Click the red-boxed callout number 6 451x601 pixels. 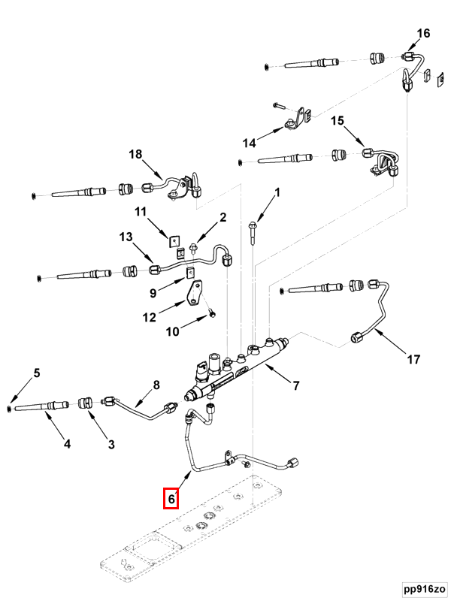click(x=171, y=498)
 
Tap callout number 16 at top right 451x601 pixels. click(x=423, y=33)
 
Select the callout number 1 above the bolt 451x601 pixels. click(x=276, y=193)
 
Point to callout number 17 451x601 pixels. click(x=413, y=360)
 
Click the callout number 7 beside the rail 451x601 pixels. click(x=296, y=386)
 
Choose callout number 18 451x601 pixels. click(x=135, y=154)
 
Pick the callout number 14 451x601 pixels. click(x=249, y=143)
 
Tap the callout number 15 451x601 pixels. click(x=337, y=120)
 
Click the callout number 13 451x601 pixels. click(x=126, y=237)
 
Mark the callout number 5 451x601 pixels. click(x=36, y=373)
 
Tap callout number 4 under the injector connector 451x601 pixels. click(x=67, y=444)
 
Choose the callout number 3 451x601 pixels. click(x=111, y=444)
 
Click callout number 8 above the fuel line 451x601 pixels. click(x=156, y=385)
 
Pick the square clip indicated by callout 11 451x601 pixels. click(x=174, y=240)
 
